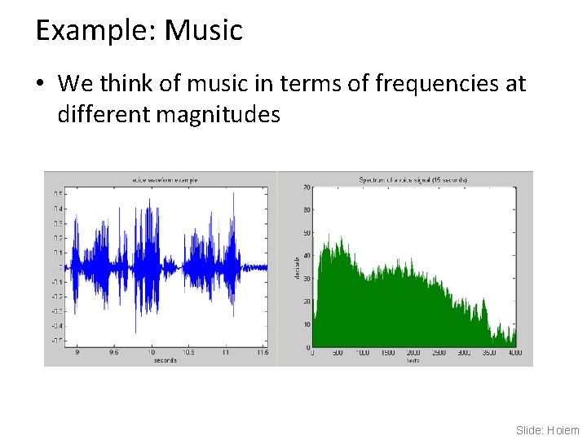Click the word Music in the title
(x=203, y=30)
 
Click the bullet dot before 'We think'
(x=42, y=84)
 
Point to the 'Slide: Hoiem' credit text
(x=548, y=429)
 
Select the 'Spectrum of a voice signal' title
(x=413, y=179)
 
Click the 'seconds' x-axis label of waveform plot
(x=165, y=360)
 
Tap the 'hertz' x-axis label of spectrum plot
(x=413, y=360)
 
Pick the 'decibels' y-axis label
(x=296, y=266)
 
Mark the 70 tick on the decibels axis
(x=307, y=188)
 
